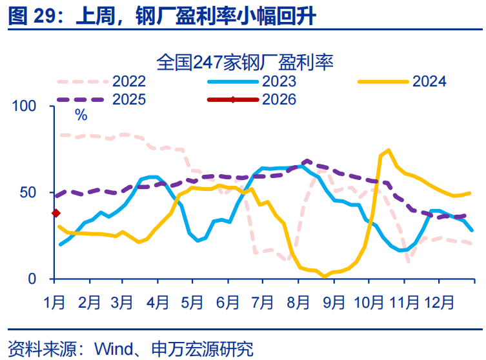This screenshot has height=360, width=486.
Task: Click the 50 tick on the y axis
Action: pyautogui.click(x=33, y=192)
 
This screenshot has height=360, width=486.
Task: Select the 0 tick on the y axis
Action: pyautogui.click(x=38, y=279)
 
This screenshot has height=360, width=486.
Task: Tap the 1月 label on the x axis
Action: pyautogui.click(x=54, y=301)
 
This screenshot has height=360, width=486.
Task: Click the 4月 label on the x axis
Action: pyautogui.click(x=158, y=301)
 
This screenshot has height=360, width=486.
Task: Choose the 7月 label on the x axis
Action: pyautogui.click(x=263, y=301)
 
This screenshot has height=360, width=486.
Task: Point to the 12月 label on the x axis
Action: pyautogui.click(x=438, y=301)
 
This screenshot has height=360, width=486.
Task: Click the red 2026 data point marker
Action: pyautogui.click(x=56, y=213)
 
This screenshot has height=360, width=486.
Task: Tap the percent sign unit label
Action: pyautogui.click(x=81, y=115)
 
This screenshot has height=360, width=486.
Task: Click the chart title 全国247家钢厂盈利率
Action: pyautogui.click(x=245, y=63)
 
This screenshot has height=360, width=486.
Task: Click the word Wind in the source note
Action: pyautogui.click(x=111, y=349)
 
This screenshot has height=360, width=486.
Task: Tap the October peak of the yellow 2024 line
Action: pyautogui.click(x=389, y=150)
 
